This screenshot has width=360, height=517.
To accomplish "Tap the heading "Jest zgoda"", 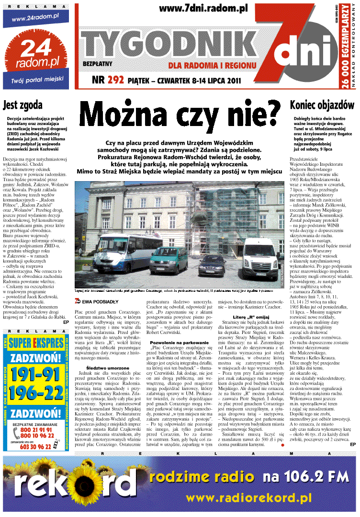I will tap(22, 105).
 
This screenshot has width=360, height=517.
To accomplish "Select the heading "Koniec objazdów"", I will tap(322, 105).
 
